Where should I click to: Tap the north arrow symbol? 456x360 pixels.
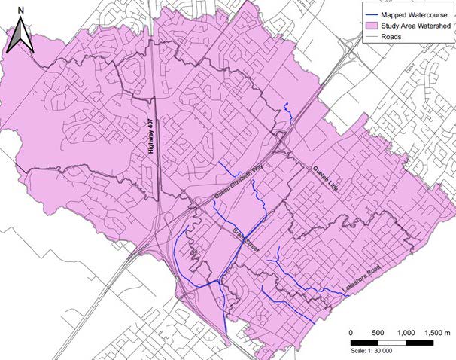click(x=22, y=38)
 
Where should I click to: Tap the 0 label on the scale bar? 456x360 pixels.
click(x=352, y=332)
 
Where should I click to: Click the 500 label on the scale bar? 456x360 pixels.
click(x=378, y=332)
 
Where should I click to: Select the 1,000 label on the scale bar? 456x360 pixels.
click(x=406, y=332)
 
